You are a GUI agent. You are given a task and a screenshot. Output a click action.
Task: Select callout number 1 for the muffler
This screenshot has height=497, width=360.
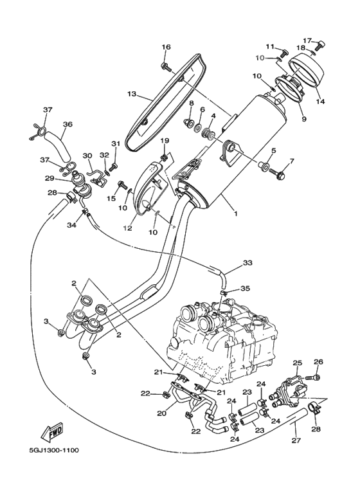[235, 213]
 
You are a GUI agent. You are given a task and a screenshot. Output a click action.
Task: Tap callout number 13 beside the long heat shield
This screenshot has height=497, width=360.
[132, 94]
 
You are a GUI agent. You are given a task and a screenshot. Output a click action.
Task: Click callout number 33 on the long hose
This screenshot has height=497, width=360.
[248, 263]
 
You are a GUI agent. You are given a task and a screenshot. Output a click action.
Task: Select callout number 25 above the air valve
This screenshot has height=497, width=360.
[297, 363]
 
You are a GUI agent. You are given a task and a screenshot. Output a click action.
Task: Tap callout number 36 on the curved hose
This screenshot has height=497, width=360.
[67, 124]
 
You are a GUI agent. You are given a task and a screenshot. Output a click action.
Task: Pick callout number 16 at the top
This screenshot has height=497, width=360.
[166, 47]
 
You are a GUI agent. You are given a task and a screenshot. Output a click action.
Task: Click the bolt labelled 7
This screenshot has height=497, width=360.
[277, 173]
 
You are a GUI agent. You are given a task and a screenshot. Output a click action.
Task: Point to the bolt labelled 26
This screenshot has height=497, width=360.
[312, 377]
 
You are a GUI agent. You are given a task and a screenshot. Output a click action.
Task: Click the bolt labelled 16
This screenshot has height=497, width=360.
[166, 67]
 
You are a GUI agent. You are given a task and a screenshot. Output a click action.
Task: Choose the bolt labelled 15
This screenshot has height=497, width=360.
[122, 185]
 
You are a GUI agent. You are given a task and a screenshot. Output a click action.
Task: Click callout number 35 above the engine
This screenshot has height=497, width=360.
[245, 289]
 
